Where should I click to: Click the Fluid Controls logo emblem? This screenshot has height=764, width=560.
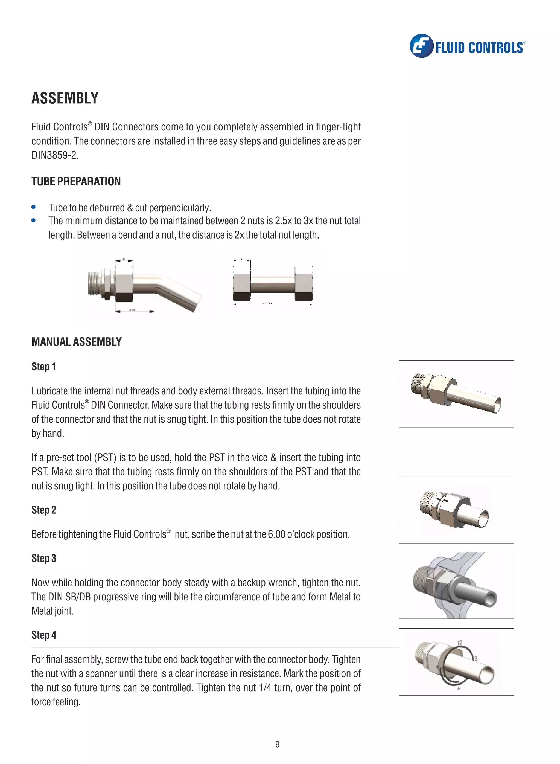click(x=421, y=46)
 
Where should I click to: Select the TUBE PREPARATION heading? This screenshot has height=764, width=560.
click(x=76, y=181)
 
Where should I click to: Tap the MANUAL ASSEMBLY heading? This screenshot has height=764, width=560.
click(x=76, y=342)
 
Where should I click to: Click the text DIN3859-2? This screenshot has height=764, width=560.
click(x=55, y=155)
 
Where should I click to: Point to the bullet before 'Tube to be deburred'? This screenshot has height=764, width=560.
click(x=34, y=207)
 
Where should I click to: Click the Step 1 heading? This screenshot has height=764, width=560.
click(x=43, y=367)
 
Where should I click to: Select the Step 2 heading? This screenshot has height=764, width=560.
click(x=44, y=510)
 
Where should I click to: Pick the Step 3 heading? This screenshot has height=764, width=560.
click(x=44, y=559)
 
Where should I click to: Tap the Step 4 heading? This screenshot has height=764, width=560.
click(x=44, y=635)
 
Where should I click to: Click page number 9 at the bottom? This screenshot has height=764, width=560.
click(x=277, y=744)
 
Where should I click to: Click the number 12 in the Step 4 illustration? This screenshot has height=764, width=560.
click(x=459, y=643)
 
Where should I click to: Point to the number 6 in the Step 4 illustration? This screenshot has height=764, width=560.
click(x=459, y=689)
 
